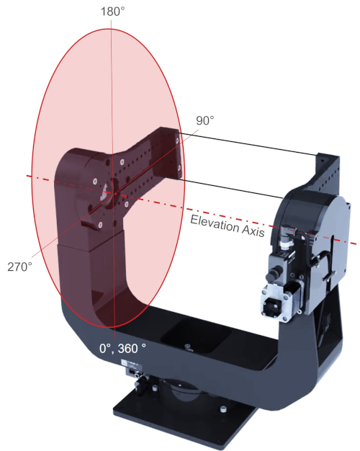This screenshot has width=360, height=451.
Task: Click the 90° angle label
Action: point(204,120)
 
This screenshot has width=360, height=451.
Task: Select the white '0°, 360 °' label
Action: point(123,348)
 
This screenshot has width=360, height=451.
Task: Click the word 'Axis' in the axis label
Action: point(255,232)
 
